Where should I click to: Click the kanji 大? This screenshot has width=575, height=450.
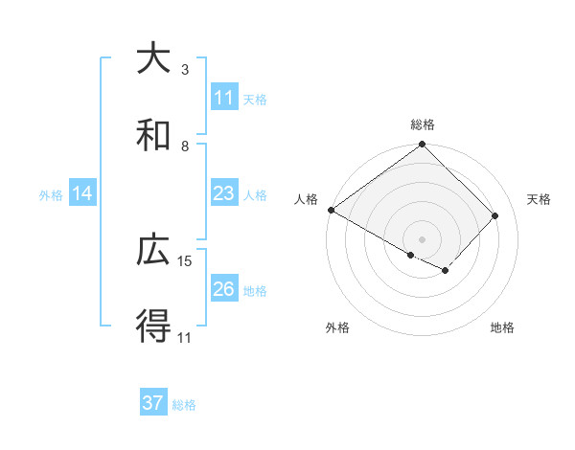153,58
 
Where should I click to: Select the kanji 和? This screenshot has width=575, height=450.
153,135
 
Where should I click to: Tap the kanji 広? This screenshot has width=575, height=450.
153,251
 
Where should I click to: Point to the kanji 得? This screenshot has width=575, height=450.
153,327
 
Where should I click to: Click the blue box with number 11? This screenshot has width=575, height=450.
224,98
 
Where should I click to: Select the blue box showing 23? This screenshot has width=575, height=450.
224,193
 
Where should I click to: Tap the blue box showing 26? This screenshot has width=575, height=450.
224,289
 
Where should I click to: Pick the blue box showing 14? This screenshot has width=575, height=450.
82,193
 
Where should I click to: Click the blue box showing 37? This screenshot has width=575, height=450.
153,403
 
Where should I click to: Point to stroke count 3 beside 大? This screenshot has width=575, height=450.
185,69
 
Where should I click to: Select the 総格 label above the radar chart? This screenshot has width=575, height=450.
423,124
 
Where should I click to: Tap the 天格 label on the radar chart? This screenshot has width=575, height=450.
540,199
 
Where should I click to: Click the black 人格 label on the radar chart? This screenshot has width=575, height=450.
306,199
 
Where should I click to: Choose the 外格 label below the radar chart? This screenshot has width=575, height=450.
337,327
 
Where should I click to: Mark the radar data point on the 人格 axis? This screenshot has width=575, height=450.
331,210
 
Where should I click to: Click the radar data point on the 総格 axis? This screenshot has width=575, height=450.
423,146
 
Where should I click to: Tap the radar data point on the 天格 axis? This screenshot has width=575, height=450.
495,215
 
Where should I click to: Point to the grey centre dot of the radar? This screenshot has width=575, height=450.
423,238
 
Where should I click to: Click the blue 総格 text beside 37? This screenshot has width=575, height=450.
185,404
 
